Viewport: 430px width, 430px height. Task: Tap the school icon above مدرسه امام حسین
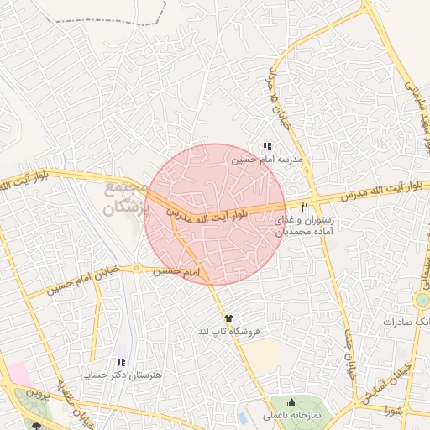coord(267,146)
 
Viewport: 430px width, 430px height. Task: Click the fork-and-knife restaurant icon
coord(304,207)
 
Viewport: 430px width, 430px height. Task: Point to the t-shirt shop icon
coord(228,318)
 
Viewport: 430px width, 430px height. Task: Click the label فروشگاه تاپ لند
coord(228,331)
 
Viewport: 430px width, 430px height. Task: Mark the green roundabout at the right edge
coord(422,300)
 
